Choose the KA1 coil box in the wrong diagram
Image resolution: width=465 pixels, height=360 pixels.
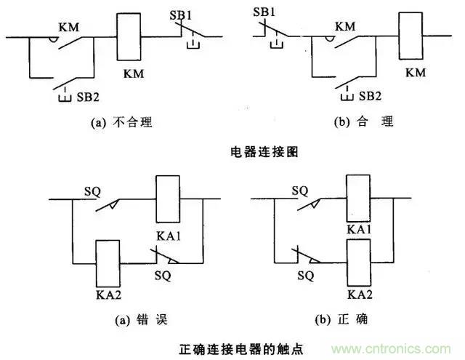click(168, 198)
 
